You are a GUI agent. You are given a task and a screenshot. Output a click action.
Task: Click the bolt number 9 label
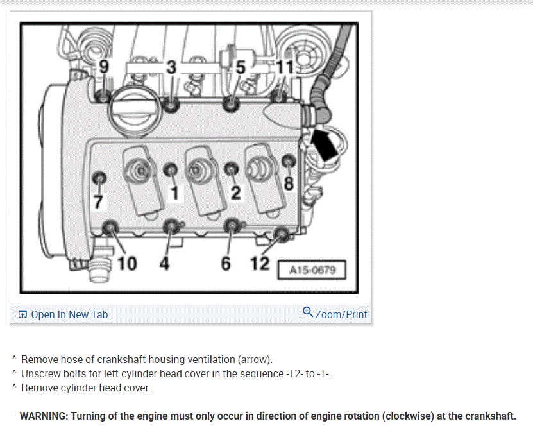pyautogui.click(x=104, y=66)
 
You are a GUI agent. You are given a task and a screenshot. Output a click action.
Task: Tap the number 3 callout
pyautogui.click(x=172, y=67)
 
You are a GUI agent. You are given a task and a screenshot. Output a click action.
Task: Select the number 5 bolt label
pyautogui.click(x=241, y=67)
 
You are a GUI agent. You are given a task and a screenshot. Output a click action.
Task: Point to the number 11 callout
pyautogui.click(x=285, y=67)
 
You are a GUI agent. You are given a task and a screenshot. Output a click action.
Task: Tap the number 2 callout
pyautogui.click(x=236, y=192)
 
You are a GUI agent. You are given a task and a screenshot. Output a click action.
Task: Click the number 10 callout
pyautogui.click(x=127, y=263)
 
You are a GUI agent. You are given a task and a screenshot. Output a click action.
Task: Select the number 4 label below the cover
pyautogui.click(x=165, y=263)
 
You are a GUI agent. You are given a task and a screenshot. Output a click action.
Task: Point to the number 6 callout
pyautogui.click(x=226, y=263)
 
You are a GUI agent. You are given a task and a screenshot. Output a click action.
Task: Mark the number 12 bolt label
pyautogui.click(x=260, y=263)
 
